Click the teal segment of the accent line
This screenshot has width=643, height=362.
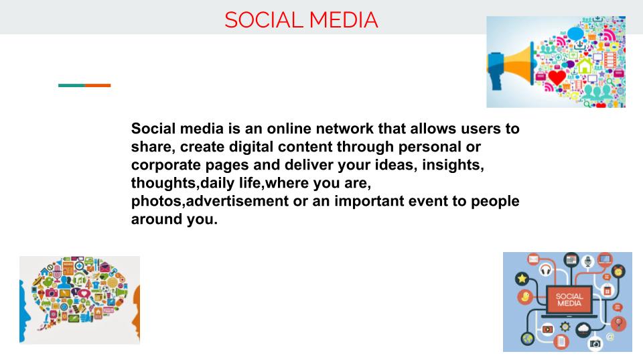pos(71,85)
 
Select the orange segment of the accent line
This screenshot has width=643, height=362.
pos(98,85)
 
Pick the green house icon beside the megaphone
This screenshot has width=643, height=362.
pos(585,66)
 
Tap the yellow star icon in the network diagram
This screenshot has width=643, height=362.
pos(522,278)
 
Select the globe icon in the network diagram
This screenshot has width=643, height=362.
pos(528,339)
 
